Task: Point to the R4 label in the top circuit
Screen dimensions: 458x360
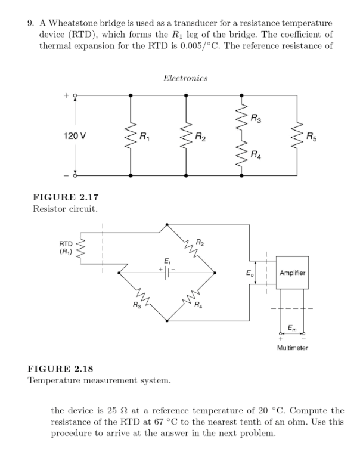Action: [x=255, y=157]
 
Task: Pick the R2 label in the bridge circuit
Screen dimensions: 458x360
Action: [x=200, y=242]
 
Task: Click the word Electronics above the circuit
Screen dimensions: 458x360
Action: [x=185, y=78]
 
